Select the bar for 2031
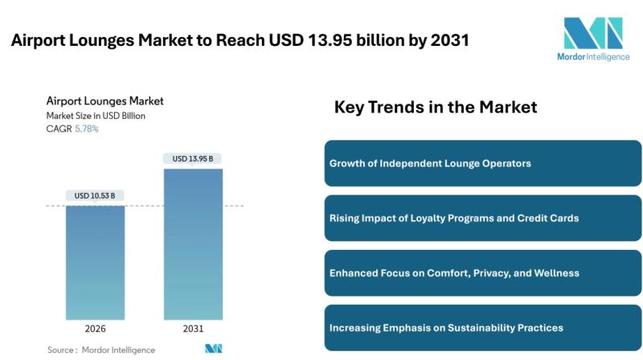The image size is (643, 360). point(193,244)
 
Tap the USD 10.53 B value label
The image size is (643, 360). point(95,195)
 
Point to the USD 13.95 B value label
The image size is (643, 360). point(193,158)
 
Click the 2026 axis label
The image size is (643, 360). point(95,329)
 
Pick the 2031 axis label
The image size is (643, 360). point(193,329)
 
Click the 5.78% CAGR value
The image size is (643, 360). point(87,129)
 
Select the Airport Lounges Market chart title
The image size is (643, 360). point(104,101)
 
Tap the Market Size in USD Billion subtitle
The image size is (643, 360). point(96,116)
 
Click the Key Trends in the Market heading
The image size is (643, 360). point(435,107)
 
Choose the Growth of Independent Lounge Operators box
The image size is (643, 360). point(482,163)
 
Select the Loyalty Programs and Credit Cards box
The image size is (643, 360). point(482,218)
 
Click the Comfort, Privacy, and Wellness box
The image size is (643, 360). point(482,272)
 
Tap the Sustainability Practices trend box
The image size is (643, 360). point(482,327)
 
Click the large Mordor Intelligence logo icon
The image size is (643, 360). point(592,34)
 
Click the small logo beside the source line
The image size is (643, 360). point(213,349)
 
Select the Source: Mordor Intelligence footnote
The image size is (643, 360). point(101,350)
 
